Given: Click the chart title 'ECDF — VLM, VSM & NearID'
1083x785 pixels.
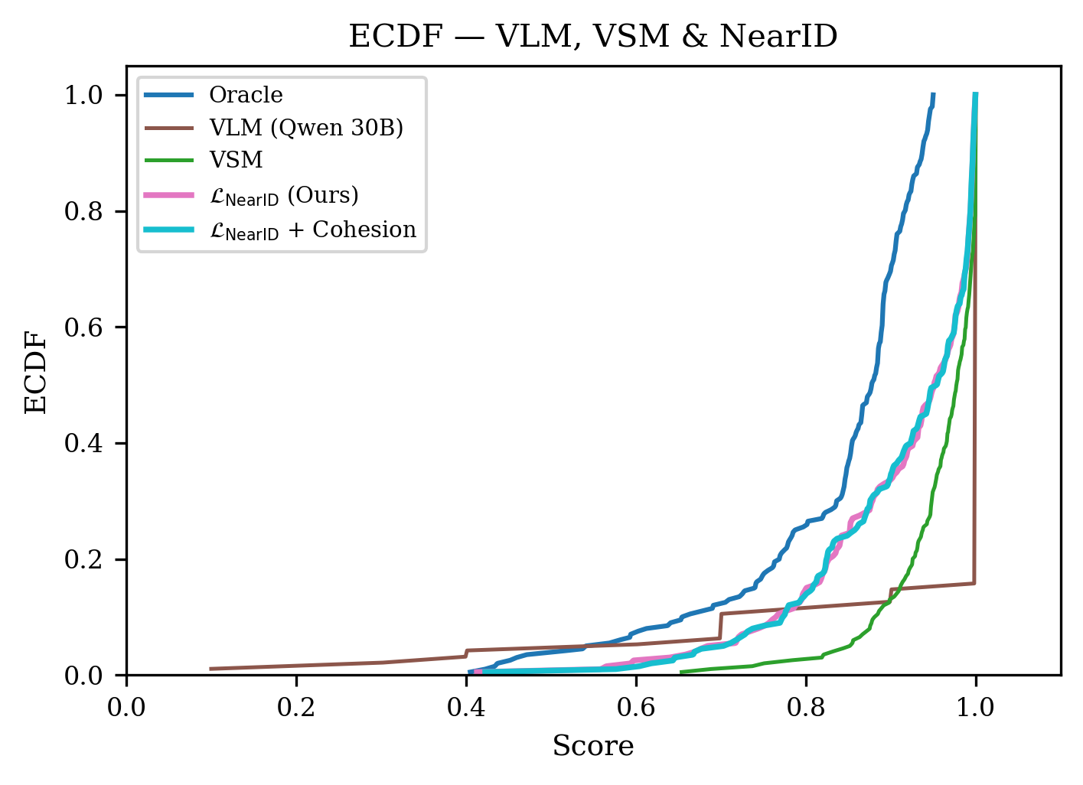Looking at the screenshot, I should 593,36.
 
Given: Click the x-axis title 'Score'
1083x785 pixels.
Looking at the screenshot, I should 593,745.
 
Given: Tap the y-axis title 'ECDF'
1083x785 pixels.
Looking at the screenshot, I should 36,372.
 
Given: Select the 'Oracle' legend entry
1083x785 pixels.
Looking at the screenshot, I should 246,95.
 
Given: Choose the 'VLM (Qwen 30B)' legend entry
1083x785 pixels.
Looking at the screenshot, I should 305,128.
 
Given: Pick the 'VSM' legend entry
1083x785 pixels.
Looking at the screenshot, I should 236,160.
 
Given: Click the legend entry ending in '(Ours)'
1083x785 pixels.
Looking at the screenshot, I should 283,196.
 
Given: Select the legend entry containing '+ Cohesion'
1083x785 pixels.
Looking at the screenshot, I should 312,230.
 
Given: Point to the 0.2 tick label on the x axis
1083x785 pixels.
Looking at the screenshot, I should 296,707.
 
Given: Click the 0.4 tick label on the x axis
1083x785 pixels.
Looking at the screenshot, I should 466,707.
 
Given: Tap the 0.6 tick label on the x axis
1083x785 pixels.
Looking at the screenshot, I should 636,707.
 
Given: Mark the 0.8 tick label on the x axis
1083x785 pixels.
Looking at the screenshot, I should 806,707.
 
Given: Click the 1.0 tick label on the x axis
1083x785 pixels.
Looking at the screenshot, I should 975,707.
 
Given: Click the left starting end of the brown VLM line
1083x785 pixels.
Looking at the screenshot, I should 211,669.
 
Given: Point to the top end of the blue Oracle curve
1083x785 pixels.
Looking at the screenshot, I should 933,95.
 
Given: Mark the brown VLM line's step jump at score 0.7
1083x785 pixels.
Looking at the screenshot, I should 720,626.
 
